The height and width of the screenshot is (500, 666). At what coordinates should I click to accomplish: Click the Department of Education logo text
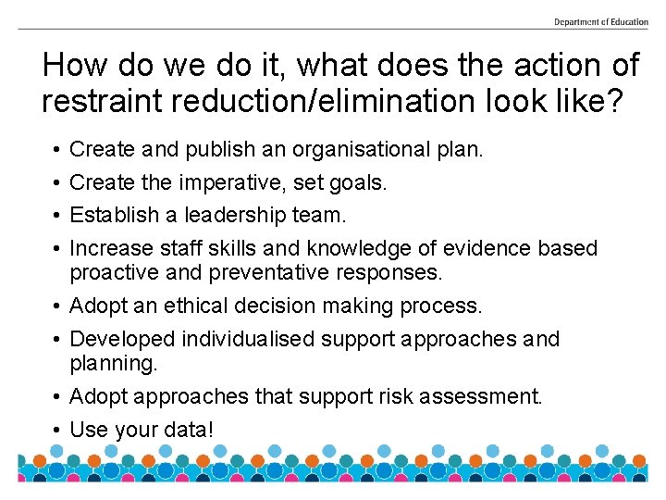point(600,22)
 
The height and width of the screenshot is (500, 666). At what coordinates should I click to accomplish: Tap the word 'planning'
point(110,363)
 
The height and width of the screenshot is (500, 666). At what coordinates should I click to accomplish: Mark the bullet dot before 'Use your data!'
point(56,431)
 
